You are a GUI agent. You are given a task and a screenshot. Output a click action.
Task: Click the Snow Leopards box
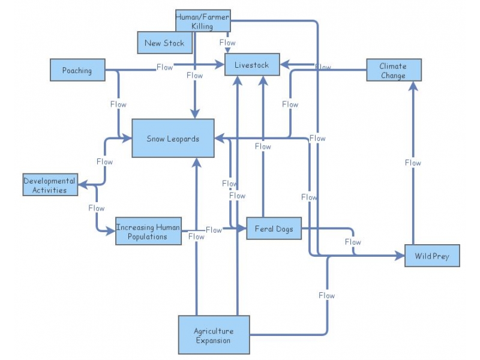[x=173, y=139]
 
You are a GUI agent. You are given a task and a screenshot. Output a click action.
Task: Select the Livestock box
[x=252, y=64]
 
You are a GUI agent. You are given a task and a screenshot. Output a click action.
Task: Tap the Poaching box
[x=77, y=70]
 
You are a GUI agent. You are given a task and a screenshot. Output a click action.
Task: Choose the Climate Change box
[x=394, y=70]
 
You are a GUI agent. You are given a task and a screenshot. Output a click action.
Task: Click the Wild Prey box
[x=432, y=256]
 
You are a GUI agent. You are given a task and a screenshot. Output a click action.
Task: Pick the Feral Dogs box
[x=274, y=229]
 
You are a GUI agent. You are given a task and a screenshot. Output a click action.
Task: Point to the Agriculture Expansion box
[x=214, y=335]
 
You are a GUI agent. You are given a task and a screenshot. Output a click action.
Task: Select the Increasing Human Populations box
[x=148, y=232]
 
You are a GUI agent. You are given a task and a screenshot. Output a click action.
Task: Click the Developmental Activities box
[x=50, y=185]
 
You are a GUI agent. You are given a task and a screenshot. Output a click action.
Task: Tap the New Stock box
[x=164, y=43]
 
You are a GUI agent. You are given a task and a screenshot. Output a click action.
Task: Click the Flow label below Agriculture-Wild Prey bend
[x=326, y=295]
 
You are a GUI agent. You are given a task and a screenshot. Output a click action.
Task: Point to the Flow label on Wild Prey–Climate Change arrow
[x=413, y=163]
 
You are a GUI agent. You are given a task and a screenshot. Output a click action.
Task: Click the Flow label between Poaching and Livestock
[x=165, y=67]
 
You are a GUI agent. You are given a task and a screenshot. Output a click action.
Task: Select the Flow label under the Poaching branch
[x=118, y=104]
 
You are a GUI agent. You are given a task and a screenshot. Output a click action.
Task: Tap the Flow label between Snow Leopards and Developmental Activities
[x=104, y=161]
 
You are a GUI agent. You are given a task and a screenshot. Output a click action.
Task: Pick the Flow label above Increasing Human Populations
[x=96, y=208]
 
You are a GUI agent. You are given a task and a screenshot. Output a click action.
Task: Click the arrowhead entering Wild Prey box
[x=401, y=256]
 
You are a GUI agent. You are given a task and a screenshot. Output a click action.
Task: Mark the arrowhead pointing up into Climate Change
[x=413, y=85]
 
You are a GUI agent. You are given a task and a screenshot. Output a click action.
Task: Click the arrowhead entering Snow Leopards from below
[x=197, y=161]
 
